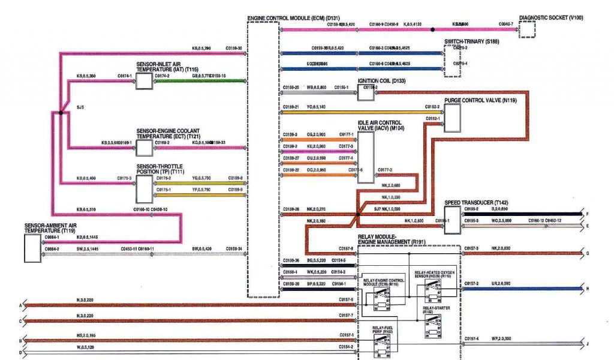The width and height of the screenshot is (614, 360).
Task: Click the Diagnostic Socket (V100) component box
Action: click(x=527, y=29)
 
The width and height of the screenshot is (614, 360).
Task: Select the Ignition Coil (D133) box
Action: click(x=366, y=92)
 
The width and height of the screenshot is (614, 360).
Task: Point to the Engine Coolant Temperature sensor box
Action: click(x=144, y=147)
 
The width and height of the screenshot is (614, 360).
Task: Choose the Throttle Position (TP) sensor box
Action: click(x=144, y=188)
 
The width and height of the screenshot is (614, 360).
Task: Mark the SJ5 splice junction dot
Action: click(x=61, y=112)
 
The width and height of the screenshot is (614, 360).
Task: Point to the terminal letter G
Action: click(x=588, y=253)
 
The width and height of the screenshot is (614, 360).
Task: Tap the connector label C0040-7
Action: click(x=505, y=24)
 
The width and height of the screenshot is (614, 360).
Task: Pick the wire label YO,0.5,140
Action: click(x=316, y=107)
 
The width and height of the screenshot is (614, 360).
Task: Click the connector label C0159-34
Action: click(x=234, y=248)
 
